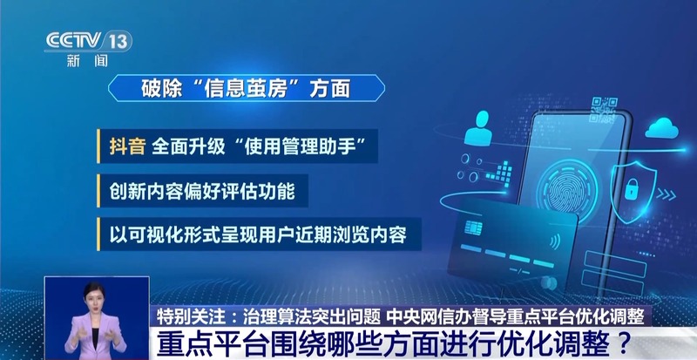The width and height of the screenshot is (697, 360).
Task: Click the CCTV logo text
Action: tap(74, 41)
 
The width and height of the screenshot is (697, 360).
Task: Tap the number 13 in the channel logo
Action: tap(118, 41)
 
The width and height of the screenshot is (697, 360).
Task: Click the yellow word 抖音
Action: tap(127, 146)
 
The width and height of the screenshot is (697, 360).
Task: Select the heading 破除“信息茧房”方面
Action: tap(246, 88)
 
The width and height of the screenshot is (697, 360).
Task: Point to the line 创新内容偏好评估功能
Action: tap(202, 191)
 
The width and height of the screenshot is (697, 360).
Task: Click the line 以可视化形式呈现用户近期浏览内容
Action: tap(258, 234)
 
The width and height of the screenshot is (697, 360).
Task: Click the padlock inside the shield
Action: tap(632, 189)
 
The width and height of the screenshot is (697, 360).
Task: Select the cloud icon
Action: tap(662, 128)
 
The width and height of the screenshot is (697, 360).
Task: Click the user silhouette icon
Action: tap(478, 129)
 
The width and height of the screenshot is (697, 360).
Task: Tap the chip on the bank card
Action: tap(473, 227)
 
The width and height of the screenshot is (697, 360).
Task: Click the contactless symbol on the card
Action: tap(554, 241)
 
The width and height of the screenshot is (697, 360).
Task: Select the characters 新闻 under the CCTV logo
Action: tap(88, 61)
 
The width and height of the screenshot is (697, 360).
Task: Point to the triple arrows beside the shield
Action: tap(666, 194)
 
